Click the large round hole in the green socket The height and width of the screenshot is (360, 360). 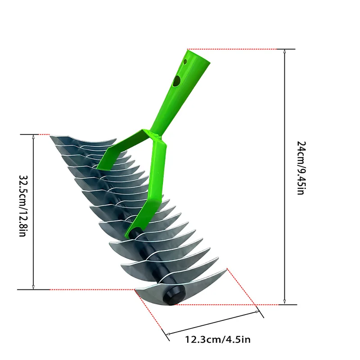point(177,81)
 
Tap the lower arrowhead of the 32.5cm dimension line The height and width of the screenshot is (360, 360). point(33,286)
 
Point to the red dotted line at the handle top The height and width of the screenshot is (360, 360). point(232,49)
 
